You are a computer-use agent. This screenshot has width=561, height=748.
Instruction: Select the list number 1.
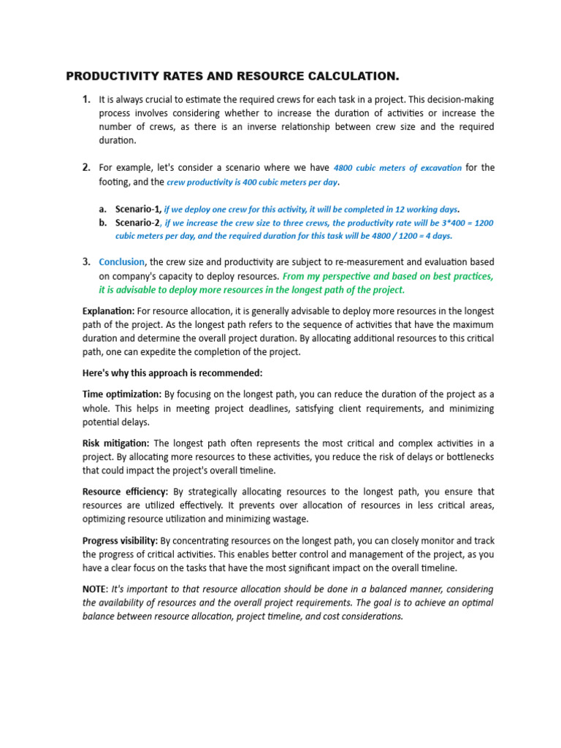(x=86, y=99)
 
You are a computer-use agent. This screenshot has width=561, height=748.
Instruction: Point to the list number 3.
(x=86, y=262)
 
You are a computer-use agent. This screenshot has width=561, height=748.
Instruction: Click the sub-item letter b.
(x=103, y=222)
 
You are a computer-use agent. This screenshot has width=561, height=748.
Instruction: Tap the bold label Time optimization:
(x=122, y=394)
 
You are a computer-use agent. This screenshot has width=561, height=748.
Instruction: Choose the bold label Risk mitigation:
(x=116, y=443)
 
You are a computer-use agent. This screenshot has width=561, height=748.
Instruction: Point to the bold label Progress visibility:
(x=121, y=541)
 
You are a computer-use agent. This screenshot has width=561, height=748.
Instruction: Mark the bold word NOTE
(x=95, y=589)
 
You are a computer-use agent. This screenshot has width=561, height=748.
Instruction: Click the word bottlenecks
(x=464, y=457)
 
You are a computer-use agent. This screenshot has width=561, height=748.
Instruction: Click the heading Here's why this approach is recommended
(x=172, y=373)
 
